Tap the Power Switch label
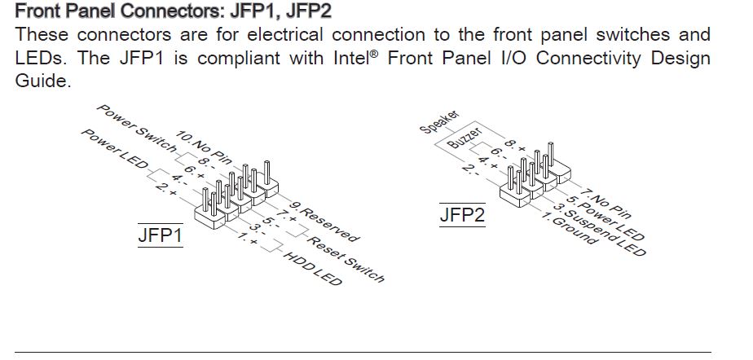(x=135, y=127)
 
